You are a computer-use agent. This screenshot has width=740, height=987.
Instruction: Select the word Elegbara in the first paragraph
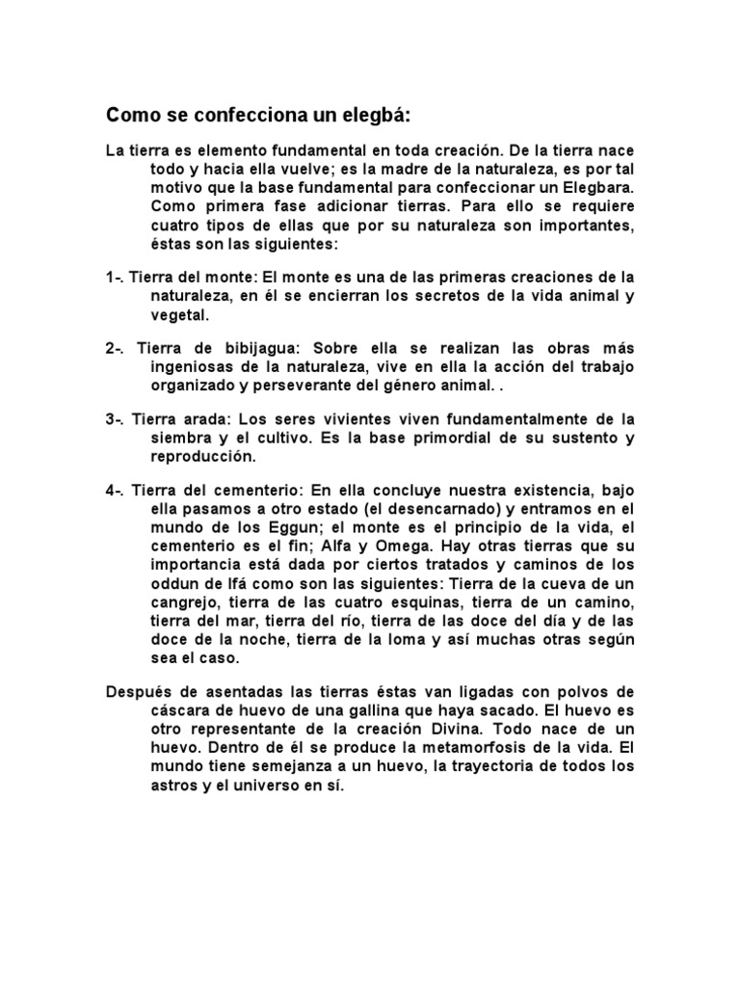[x=598, y=188]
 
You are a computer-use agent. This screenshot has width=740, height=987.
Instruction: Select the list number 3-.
[x=115, y=419]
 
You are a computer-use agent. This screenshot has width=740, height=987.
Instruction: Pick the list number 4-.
[x=115, y=491]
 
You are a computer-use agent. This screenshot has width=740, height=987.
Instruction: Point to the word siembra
[x=179, y=438]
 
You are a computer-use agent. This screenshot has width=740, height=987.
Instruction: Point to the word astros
[x=174, y=786]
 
